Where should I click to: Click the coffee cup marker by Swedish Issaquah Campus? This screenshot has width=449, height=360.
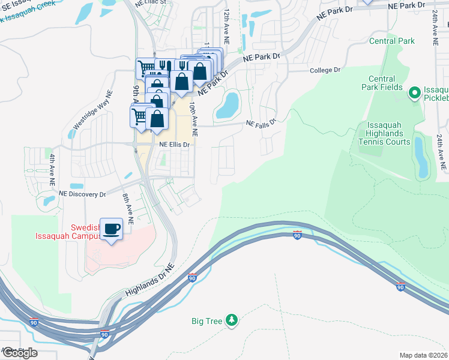pyautogui.click(x=111, y=229)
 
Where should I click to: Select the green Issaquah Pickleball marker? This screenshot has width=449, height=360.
pyautogui.click(x=414, y=93)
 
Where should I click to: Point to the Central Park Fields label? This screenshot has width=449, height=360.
pyautogui.click(x=382, y=83)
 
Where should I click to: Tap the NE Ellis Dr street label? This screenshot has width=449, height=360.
pyautogui.click(x=174, y=145)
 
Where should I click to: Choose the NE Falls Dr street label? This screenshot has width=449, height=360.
pyautogui.click(x=261, y=123)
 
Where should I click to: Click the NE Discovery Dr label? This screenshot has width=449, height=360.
pyautogui.click(x=82, y=194)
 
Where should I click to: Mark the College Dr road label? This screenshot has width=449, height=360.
pyautogui.click(x=325, y=70)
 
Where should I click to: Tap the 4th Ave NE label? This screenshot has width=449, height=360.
pyautogui.click(x=52, y=169)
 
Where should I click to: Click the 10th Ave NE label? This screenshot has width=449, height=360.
pyautogui.click(x=193, y=115)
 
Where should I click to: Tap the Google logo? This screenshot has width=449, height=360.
pyautogui.click(x=19, y=353)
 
